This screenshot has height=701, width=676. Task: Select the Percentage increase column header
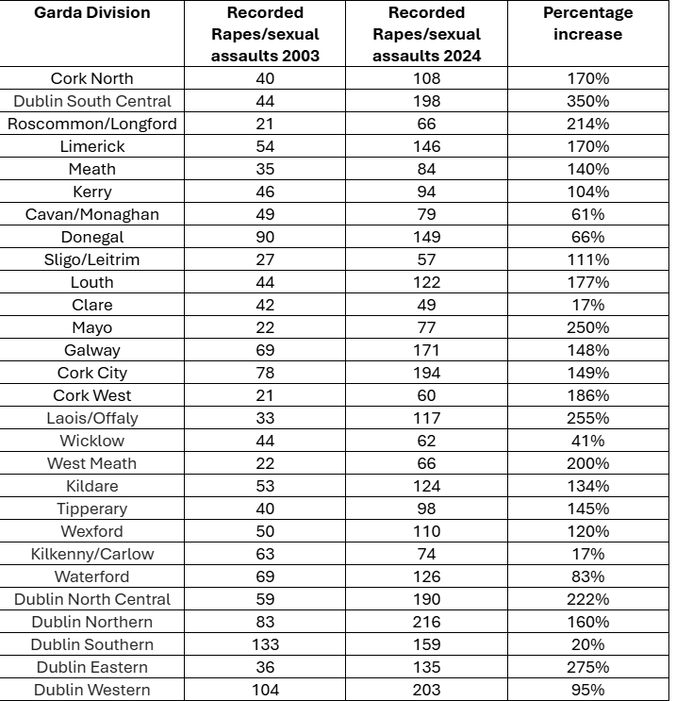pos(587,24)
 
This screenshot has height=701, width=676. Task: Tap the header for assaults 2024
pos(426,34)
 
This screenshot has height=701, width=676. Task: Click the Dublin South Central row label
pos(92,101)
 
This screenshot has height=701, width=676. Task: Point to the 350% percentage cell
pos(587,101)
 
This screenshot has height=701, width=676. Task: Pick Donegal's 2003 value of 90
pos(265,237)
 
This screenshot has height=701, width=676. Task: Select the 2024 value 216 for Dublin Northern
pos(426,622)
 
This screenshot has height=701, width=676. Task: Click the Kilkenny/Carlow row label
pos(92,554)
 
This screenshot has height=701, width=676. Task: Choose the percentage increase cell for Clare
pos(587,305)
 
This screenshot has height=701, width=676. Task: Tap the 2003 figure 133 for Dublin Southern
pos(265,644)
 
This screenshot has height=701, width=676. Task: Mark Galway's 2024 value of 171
pos(426,350)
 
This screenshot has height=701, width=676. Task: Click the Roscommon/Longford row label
pos(92,124)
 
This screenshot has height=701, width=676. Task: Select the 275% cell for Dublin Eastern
pos(587,667)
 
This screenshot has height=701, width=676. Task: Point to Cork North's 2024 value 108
pos(426,78)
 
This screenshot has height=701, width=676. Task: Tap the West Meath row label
pos(92,463)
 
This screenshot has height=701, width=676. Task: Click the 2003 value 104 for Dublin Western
pos(265,690)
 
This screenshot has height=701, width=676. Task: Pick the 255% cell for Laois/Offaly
pos(587,418)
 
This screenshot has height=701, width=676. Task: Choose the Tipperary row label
pos(92,509)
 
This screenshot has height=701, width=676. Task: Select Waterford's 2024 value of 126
pos(426,576)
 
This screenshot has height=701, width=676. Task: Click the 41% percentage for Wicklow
pos(587,441)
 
